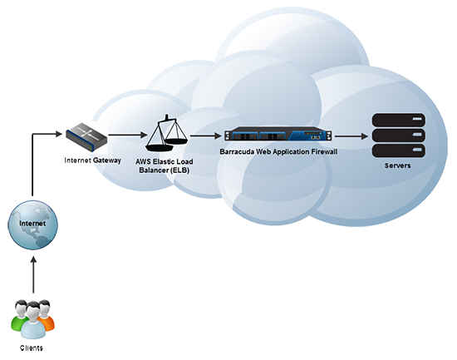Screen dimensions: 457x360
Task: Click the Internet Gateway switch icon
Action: pyautogui.click(x=86, y=136)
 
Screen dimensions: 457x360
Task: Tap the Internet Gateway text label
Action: pyautogui.click(x=93, y=160)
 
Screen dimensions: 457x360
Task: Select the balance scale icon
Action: pyautogui.click(x=167, y=133)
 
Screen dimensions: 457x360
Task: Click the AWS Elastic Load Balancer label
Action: pyautogui.click(x=165, y=165)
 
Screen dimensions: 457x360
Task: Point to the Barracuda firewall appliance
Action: pyautogui.click(x=278, y=135)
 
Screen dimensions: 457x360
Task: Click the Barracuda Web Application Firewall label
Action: pyautogui.click(x=278, y=151)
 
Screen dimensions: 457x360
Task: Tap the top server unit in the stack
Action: pyautogui.click(x=398, y=121)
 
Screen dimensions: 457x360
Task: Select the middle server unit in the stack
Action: pyautogui.click(x=398, y=136)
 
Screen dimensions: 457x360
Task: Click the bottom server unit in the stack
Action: pyautogui.click(x=398, y=150)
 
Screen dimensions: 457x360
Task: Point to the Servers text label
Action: pyautogui.click(x=397, y=165)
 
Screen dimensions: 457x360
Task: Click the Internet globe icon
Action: pyautogui.click(x=32, y=224)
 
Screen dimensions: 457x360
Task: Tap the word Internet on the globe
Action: pyautogui.click(x=32, y=224)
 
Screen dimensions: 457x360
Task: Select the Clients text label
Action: pyautogui.click(x=32, y=348)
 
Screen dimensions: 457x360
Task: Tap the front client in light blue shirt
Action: pyautogui.click(x=32, y=322)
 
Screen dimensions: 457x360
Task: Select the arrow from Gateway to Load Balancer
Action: pyautogui.click(x=127, y=135)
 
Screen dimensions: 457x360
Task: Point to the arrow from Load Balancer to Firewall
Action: pyautogui.click(x=206, y=136)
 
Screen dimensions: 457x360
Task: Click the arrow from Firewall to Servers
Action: pyautogui.click(x=351, y=136)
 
